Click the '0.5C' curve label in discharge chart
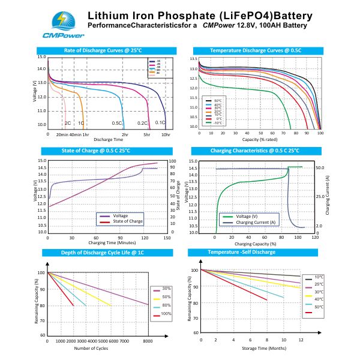tap(116, 123)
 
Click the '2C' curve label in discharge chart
tap(68, 123)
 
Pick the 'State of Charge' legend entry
tap(127, 221)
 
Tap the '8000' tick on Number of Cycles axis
tap(148, 340)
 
